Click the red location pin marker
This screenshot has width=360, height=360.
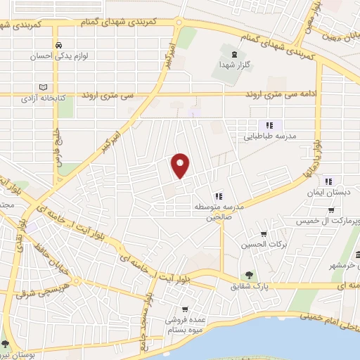[181, 165]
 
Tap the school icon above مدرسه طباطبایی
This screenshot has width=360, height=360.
[269, 125]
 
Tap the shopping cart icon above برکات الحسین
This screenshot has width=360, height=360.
[264, 234]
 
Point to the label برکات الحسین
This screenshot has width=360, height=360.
[263, 245]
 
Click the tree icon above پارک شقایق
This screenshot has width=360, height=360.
[247, 275]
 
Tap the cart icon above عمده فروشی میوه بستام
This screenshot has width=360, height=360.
[185, 309]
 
